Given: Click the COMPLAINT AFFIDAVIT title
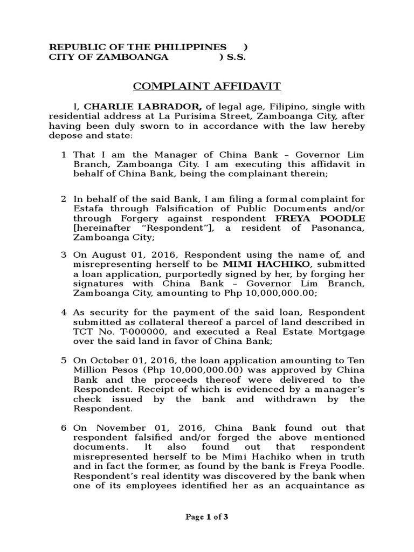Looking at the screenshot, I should point(207,86).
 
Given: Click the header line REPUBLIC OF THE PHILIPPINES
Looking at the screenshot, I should point(138,47).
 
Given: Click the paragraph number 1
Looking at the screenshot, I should point(64,155).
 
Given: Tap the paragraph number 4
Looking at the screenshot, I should point(64,313).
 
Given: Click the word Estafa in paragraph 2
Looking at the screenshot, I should point(87,209).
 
